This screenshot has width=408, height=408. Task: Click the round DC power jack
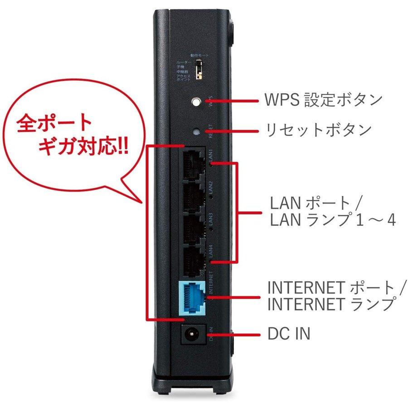[192, 335]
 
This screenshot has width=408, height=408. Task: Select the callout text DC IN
[289, 335]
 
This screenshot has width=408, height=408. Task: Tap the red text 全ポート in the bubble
[54, 124]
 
